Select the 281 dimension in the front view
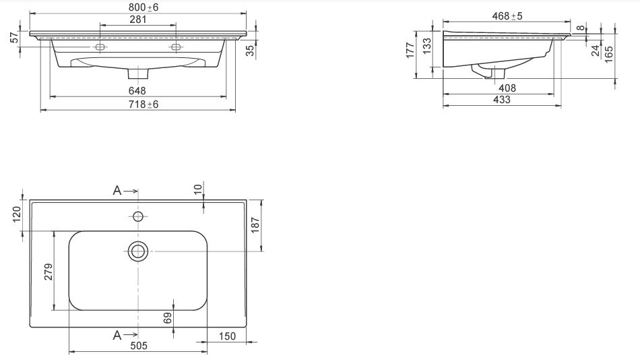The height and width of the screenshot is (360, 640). click(138, 19)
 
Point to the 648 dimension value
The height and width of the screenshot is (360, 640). click(137, 90)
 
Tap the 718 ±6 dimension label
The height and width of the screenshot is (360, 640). click(143, 104)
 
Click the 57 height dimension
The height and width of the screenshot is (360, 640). click(15, 38)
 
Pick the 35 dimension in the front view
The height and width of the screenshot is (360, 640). click(250, 51)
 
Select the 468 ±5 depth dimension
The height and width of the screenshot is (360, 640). click(507, 16)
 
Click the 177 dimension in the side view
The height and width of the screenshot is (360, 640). click(411, 51)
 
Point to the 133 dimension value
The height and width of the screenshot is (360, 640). click(427, 46)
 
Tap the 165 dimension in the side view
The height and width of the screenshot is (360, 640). click(608, 55)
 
